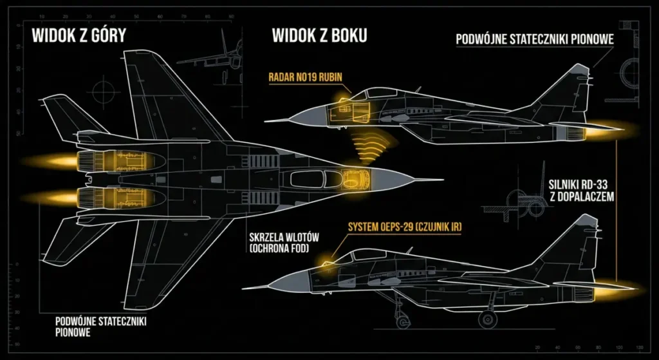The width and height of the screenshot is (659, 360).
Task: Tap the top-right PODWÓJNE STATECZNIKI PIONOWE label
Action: tap(534, 39)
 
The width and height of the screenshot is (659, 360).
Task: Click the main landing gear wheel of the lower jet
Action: tap(487, 317)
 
